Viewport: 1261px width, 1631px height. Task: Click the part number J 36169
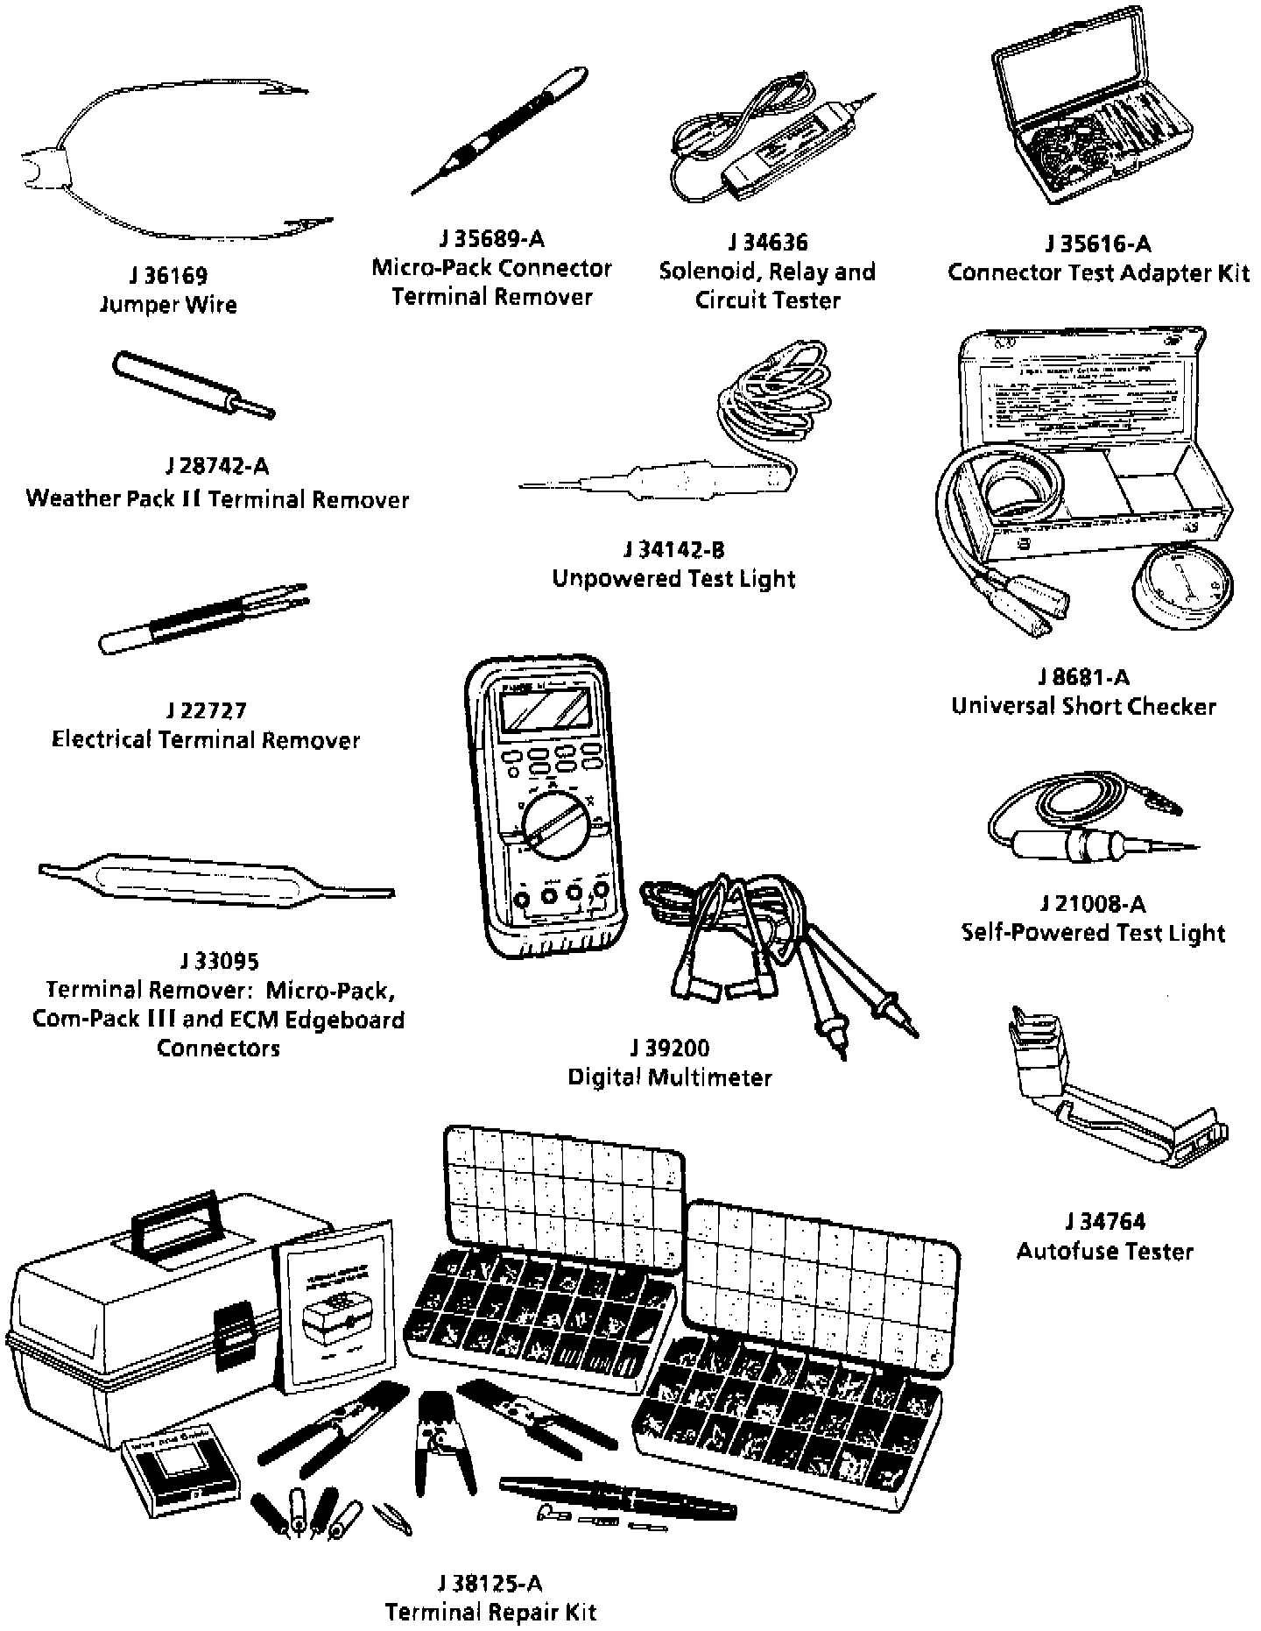click(168, 276)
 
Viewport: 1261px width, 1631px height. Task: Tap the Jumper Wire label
click(168, 305)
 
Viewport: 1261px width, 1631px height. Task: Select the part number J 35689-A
click(491, 238)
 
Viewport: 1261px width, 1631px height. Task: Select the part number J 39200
click(670, 1048)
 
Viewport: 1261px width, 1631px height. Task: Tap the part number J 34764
click(1105, 1221)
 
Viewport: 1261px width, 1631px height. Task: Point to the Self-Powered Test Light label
click(1093, 932)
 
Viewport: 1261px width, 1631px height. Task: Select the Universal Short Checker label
click(1083, 706)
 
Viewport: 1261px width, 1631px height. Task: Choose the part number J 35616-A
click(1098, 243)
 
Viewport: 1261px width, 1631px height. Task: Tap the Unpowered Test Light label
click(673, 578)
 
